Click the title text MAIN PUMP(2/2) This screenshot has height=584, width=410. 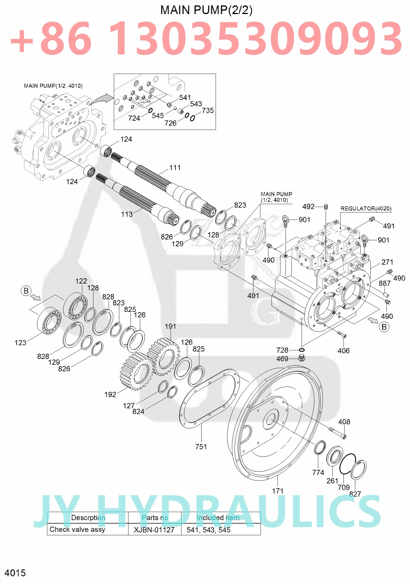(x=206, y=10)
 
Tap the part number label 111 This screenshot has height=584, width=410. (x=175, y=167)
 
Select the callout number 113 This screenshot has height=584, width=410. (x=127, y=214)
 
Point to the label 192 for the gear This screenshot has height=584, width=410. (x=110, y=394)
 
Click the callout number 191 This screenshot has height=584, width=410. (x=170, y=326)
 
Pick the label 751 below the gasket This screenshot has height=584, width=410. (x=201, y=446)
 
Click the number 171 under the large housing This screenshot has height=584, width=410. (x=278, y=491)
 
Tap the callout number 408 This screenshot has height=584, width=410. (x=344, y=422)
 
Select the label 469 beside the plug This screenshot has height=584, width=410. (x=282, y=359)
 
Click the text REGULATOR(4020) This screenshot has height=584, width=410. (x=366, y=208)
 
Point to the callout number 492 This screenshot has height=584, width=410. (x=308, y=206)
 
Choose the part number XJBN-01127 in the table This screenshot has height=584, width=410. (x=154, y=530)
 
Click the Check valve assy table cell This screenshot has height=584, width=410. (x=77, y=529)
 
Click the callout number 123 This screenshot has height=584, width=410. (x=20, y=343)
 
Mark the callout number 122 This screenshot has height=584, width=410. (x=81, y=281)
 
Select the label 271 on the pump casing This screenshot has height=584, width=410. (x=387, y=262)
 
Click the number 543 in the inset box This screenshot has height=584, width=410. (x=196, y=104)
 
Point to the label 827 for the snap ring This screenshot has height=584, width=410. (x=355, y=494)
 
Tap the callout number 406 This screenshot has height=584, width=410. (x=343, y=351)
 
